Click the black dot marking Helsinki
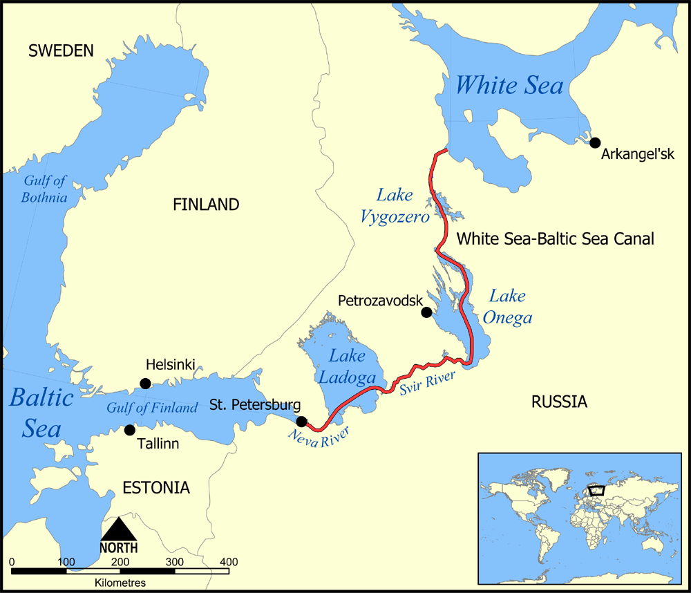pyautogui.click(x=145, y=384)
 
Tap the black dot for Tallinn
pyautogui.click(x=129, y=430)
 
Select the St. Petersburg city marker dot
pyautogui.click(x=301, y=422)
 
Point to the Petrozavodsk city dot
pyautogui.click(x=426, y=312)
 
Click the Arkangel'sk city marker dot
pyautogui.click(x=595, y=142)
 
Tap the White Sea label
pyautogui.click(x=509, y=86)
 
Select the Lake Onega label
pyautogui.click(x=511, y=307)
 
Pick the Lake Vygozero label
pyautogui.click(x=394, y=206)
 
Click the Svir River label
pyautogui.click(x=427, y=384)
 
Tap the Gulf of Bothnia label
pyautogui.click(x=45, y=189)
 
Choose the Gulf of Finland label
pyautogui.click(x=152, y=408)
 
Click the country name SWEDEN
pyautogui.click(x=60, y=50)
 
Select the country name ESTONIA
pyautogui.click(x=155, y=488)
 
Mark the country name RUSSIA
pyautogui.click(x=559, y=402)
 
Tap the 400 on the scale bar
pyautogui.click(x=228, y=561)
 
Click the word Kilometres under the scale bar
pyautogui.click(x=120, y=583)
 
